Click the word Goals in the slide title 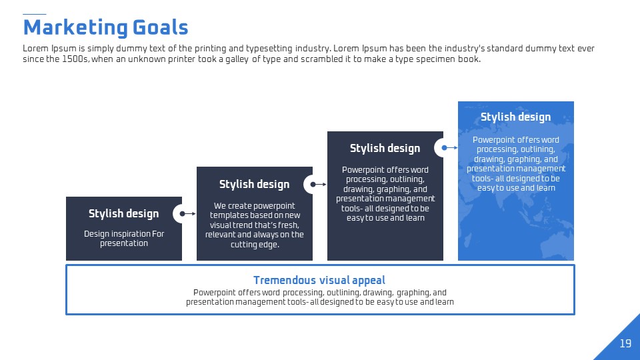(161, 27)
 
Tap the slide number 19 (625, 343)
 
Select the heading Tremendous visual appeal (319, 280)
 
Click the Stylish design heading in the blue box (515, 117)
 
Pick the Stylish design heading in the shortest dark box (124, 214)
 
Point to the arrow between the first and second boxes (188, 213)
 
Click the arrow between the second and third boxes (319, 185)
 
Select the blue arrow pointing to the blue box (449, 148)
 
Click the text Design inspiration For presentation (124, 239)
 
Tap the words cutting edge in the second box (255, 245)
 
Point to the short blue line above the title (34, 14)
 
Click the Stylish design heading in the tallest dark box (385, 149)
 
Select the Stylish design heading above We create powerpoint (254, 185)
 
